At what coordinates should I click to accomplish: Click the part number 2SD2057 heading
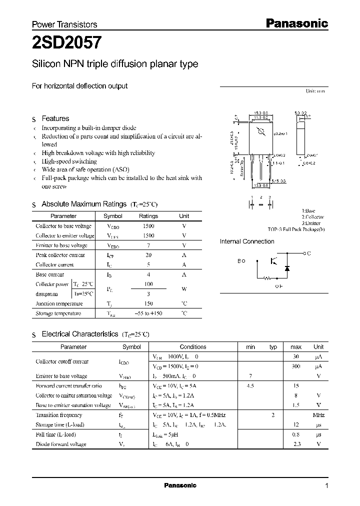tap(68, 43)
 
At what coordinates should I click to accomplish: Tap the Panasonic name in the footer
tap(180, 485)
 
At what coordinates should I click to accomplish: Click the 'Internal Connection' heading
tap(247, 241)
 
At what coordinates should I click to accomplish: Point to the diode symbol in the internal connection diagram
tap(287, 268)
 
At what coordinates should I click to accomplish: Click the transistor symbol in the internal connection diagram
tap(273, 261)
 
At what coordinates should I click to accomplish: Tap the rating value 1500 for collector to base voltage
tap(148, 226)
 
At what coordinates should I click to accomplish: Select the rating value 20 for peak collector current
tap(148, 255)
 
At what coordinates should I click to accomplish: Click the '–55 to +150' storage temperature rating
tap(148, 313)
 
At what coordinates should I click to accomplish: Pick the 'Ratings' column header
tap(148, 216)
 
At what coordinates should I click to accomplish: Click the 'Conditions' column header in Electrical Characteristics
tap(193, 346)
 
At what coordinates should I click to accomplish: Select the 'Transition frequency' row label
tap(59, 415)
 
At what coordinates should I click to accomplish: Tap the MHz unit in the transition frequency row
tap(318, 415)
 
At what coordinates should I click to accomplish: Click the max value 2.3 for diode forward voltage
tap(296, 444)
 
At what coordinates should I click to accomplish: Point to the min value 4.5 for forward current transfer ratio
tap(250, 385)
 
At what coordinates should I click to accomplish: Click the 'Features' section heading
tap(55, 118)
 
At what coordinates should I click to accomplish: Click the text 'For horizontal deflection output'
tap(79, 86)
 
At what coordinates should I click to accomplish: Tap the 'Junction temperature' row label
tap(59, 303)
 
